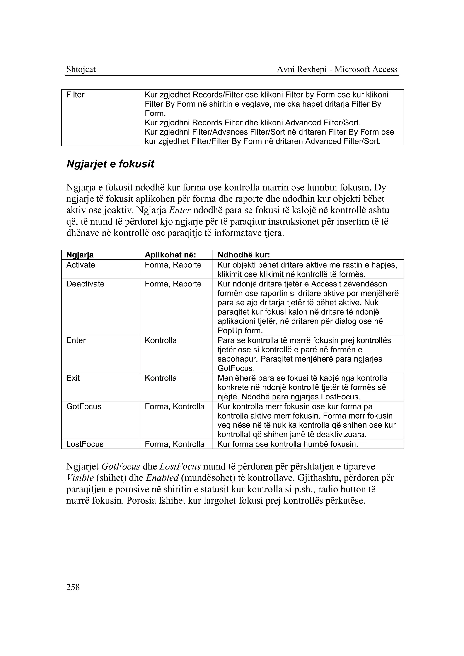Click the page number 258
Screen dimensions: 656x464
tap(73, 587)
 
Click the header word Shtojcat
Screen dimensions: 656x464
tap(81, 69)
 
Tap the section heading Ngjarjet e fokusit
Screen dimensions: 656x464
tap(110, 164)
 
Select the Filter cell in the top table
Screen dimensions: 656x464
tap(75, 95)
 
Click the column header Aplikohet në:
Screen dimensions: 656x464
tap(170, 255)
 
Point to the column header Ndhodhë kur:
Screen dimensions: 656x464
tap(244, 255)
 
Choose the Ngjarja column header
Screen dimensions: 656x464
tap(80, 255)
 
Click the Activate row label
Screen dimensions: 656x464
tap(81, 265)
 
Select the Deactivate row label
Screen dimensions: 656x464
tap(85, 284)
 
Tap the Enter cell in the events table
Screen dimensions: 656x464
tap(76, 340)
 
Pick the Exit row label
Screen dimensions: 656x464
tap(73, 378)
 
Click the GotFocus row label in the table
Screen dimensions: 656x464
tap(84, 406)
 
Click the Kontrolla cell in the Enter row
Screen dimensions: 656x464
tap(161, 340)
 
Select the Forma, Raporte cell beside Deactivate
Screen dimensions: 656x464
tap(173, 284)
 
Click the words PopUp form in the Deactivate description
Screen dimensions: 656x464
tap(240, 331)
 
